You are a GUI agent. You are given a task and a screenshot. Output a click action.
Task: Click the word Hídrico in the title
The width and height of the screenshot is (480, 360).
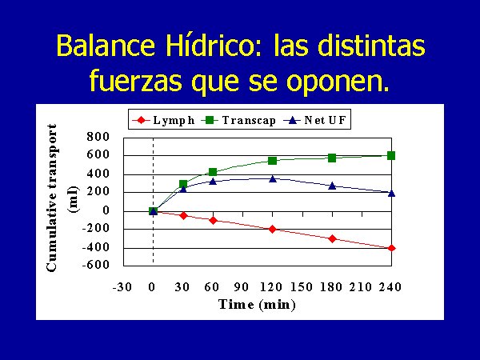pyautogui.click(x=213, y=46)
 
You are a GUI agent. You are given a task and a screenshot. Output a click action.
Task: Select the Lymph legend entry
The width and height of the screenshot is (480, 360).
pyautogui.click(x=164, y=120)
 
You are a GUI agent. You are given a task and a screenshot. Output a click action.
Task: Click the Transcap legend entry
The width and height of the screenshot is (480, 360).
pyautogui.click(x=238, y=120)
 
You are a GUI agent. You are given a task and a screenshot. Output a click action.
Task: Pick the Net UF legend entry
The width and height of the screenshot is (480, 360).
pyautogui.click(x=315, y=120)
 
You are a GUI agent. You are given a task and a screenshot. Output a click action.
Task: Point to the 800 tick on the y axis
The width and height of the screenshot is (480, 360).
pyautogui.click(x=98, y=136)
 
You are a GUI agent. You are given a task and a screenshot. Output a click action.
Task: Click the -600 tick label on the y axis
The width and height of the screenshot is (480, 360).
pyautogui.click(x=95, y=265)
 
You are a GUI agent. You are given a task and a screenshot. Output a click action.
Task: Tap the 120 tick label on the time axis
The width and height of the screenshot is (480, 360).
pyautogui.click(x=271, y=287)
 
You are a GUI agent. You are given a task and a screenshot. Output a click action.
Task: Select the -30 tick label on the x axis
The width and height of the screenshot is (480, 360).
pyautogui.click(x=122, y=287)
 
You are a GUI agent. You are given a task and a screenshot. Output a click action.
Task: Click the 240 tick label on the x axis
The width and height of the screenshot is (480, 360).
pyautogui.click(x=390, y=287)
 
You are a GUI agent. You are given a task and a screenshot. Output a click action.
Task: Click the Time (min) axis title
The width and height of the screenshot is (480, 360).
pyautogui.click(x=257, y=305)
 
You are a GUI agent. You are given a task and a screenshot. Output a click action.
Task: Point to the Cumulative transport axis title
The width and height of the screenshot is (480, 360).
pyautogui.click(x=52, y=198)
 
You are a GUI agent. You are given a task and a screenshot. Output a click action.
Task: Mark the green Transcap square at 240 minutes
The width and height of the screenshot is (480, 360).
pyautogui.click(x=391, y=155)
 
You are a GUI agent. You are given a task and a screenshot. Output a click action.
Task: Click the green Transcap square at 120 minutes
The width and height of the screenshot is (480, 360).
pyautogui.click(x=272, y=161)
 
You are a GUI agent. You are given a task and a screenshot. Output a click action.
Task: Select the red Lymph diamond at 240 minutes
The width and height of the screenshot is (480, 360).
pyautogui.click(x=391, y=248)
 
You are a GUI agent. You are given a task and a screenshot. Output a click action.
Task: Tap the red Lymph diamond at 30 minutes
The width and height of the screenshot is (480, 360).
pyautogui.click(x=183, y=216)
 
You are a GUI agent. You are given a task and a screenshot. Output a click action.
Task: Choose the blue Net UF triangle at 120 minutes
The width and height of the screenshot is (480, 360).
pyautogui.click(x=273, y=178)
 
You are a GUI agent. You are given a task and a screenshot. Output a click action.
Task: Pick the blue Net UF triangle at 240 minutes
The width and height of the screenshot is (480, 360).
pyautogui.click(x=391, y=193)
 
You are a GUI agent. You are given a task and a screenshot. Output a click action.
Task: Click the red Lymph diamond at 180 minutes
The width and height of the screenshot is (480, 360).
pyautogui.click(x=332, y=238)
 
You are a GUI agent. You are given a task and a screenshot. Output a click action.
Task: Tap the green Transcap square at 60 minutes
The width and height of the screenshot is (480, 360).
pyautogui.click(x=213, y=172)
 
